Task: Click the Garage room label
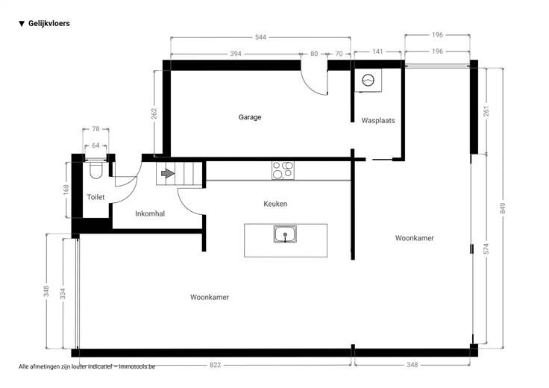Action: coord(250,117)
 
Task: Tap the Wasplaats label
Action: coord(378,120)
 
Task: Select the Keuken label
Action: coord(275,204)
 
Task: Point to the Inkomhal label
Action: coord(150,213)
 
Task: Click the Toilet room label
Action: coord(95,197)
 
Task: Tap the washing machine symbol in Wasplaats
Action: coord(368,80)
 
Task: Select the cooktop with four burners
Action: coord(283,170)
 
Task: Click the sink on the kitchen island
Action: coord(285,234)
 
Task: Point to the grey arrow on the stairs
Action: coord(168,173)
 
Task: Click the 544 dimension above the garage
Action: coord(260,37)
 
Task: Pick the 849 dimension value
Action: coord(503,208)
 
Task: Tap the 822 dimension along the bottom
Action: coord(216,365)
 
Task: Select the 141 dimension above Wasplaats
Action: coord(377,51)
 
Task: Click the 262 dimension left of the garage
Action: coord(154,113)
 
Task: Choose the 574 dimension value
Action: coord(486,248)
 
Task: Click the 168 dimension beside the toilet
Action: coord(66,190)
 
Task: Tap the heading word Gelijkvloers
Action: coord(49,23)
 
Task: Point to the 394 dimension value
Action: coord(236,54)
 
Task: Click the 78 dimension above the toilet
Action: coord(95,129)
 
